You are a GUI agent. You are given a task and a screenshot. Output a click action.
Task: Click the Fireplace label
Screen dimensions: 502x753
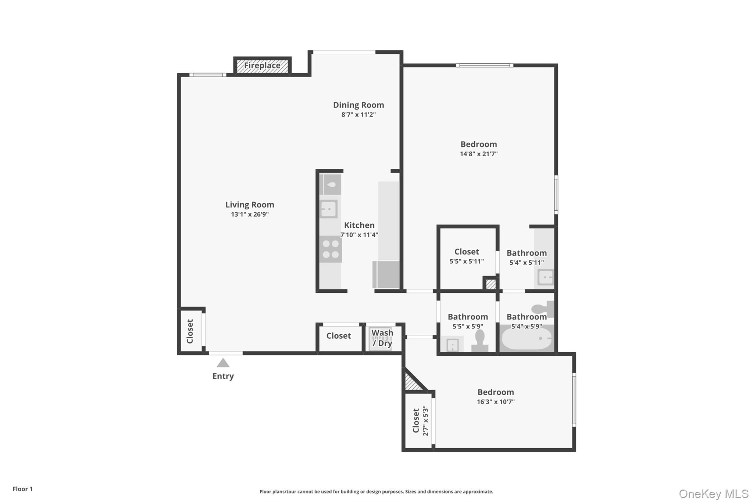[x=262, y=65]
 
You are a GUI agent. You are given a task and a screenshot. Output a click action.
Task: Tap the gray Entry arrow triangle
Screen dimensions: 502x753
[x=223, y=363]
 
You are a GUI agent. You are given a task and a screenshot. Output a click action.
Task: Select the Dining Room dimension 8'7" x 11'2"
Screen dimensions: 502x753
[x=358, y=115]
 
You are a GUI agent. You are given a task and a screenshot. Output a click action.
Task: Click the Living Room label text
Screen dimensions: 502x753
[x=250, y=205]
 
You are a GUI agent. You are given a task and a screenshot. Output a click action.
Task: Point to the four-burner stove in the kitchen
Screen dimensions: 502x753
[x=331, y=249]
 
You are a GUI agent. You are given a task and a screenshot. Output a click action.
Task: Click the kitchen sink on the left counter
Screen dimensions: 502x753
[x=328, y=209]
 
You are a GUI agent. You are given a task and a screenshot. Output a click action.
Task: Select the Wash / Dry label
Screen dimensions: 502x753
[x=382, y=338]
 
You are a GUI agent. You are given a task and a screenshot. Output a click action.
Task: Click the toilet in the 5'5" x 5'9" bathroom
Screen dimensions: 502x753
[x=480, y=341]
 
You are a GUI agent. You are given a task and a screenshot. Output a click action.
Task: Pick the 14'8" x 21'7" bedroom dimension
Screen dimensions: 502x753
[x=479, y=154]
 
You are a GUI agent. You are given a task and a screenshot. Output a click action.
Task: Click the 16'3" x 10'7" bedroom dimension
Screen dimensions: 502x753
[x=496, y=402]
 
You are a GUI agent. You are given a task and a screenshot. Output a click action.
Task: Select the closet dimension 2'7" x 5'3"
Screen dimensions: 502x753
[x=426, y=421]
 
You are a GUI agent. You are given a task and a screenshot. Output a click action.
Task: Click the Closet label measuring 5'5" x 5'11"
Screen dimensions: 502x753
[x=467, y=252]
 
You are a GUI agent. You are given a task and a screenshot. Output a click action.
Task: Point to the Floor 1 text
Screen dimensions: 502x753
[x=22, y=489]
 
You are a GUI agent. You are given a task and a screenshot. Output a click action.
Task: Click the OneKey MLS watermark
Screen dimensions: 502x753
[x=713, y=494]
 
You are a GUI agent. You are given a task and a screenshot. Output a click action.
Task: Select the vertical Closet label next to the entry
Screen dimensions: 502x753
[x=190, y=331]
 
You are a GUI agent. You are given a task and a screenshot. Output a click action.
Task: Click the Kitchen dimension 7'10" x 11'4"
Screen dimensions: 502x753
[x=359, y=235]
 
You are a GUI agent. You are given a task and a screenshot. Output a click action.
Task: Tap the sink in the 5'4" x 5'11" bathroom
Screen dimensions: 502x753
[x=545, y=277]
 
